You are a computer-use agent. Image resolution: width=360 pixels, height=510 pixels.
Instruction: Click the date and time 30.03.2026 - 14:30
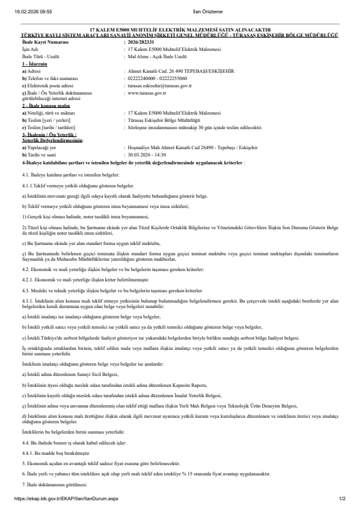[150, 138]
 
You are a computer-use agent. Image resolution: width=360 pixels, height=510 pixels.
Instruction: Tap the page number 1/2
[342, 498]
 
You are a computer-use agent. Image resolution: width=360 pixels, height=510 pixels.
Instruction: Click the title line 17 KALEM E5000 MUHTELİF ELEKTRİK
[180, 30]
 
